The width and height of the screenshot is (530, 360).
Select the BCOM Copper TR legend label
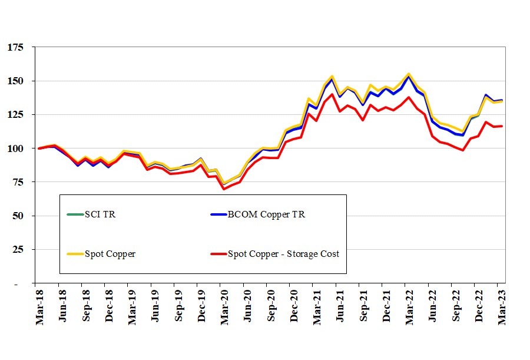[266, 214]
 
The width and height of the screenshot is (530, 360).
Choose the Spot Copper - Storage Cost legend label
[283, 254]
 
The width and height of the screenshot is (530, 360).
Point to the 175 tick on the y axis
[15, 47]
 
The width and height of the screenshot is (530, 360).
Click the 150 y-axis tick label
[15, 81]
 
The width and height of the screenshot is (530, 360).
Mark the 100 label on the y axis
[15, 148]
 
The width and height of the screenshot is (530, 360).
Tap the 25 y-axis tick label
[18, 249]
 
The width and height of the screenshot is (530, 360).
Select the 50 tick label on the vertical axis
[18, 216]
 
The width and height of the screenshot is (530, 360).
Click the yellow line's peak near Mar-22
[409, 74]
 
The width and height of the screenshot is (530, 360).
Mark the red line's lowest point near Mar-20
[224, 189]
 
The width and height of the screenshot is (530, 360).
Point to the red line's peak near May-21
[332, 94]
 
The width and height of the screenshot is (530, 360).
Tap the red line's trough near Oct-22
[463, 150]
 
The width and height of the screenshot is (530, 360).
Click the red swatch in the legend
[218, 254]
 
